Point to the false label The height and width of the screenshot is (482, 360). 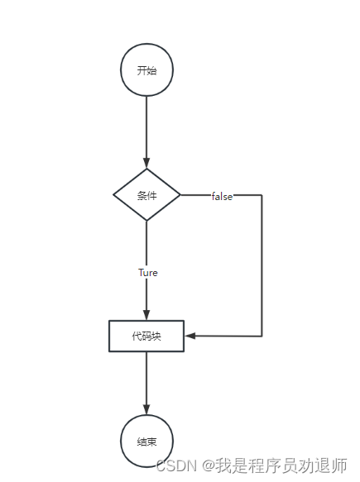coord(222,196)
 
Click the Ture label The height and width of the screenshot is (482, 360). coord(148,273)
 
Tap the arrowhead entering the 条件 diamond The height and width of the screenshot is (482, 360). coord(146,163)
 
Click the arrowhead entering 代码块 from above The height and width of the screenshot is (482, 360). coord(146,315)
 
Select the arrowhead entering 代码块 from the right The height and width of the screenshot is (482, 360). coord(190,336)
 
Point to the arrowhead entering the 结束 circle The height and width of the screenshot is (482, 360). coord(146,409)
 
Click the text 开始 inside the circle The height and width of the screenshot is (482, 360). coord(146,70)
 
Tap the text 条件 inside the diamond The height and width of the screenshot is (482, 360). coord(146,195)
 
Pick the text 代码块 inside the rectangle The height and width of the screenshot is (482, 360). coord(146,336)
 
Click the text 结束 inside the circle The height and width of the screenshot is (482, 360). coord(146,441)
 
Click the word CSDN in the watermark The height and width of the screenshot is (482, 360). coord(176,465)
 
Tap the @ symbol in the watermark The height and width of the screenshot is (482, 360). coord(209,465)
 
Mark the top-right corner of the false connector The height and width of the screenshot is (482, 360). coord(262,195)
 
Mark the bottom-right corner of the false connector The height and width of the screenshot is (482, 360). coord(262,336)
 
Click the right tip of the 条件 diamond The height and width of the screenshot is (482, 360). coord(180,195)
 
